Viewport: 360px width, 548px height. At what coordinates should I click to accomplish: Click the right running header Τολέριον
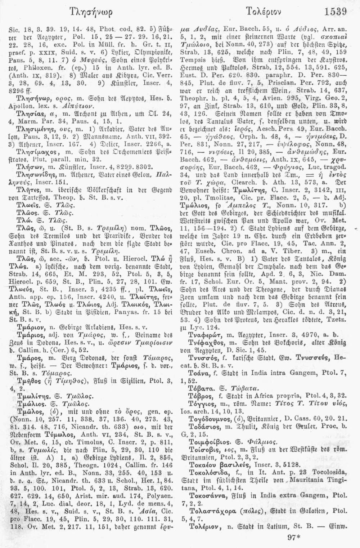pyautogui.click(x=267, y=12)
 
